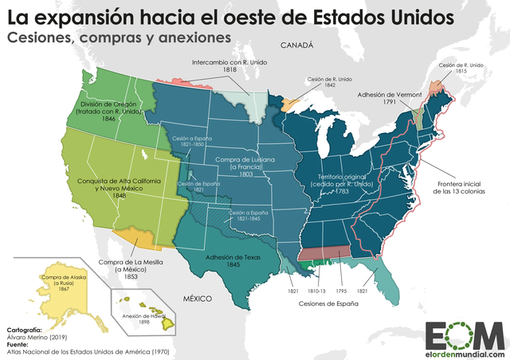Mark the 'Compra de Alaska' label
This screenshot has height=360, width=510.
tap(57, 282)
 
